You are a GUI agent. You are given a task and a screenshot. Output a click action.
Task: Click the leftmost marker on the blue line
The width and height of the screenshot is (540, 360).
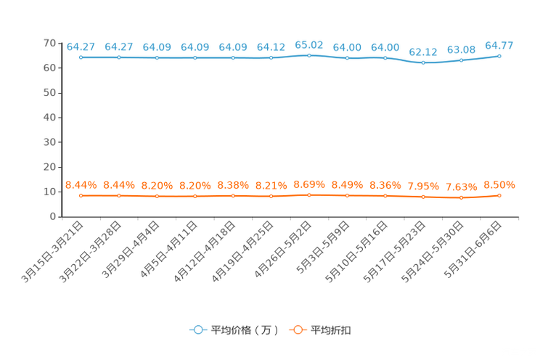(x=81, y=57)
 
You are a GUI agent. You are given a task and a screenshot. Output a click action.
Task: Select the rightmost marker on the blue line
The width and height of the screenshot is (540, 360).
(x=499, y=56)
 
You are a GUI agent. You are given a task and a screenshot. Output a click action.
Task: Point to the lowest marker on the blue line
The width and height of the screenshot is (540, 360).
(x=423, y=62)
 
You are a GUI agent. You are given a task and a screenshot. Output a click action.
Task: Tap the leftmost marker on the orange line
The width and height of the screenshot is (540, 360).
(x=81, y=196)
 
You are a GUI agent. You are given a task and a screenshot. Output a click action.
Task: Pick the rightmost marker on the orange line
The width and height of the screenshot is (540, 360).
(x=499, y=195)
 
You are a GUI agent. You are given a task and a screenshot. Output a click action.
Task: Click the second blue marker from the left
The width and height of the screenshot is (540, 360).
(x=118, y=57)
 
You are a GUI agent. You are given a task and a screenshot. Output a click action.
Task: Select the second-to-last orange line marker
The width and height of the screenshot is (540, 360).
(x=461, y=197)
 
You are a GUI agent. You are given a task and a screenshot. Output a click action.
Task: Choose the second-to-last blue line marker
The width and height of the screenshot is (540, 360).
(x=461, y=60)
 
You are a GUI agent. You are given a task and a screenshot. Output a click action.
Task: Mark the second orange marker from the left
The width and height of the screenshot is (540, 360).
(x=118, y=196)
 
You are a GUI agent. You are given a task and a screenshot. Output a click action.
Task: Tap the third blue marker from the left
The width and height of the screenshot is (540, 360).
(x=157, y=58)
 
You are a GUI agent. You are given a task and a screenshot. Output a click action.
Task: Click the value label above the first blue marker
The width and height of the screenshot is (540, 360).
(x=81, y=46)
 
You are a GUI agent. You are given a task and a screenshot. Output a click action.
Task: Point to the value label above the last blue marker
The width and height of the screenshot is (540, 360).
(x=499, y=46)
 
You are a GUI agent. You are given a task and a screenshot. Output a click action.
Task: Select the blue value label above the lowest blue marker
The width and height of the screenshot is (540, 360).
(x=423, y=52)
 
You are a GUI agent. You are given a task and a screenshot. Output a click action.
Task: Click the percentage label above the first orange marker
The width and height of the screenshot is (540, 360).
(x=81, y=185)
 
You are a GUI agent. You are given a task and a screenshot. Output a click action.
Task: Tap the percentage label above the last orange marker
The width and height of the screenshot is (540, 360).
(x=499, y=184)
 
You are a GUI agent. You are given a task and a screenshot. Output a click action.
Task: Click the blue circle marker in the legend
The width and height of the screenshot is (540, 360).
(x=197, y=330)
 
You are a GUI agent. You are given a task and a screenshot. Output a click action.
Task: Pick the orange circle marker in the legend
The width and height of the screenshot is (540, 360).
(x=297, y=330)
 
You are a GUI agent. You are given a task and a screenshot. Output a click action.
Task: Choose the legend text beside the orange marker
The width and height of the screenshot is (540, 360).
(x=332, y=330)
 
